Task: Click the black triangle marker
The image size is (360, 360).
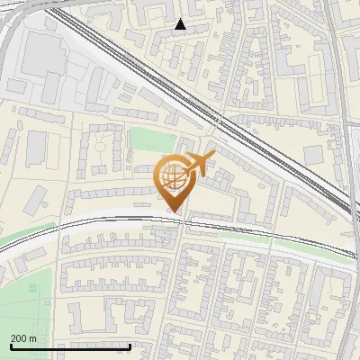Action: pos(181,24)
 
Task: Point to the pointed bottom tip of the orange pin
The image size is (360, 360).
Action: pos(174,212)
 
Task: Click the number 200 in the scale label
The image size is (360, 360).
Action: pos(19,337)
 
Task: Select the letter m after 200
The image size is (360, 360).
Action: pos(33,337)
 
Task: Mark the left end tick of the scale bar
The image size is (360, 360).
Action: pos(11,346)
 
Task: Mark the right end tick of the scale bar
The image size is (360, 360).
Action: pos(130,346)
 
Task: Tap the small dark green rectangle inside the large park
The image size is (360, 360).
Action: pos(33,289)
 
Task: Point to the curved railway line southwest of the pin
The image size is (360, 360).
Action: pos(54,230)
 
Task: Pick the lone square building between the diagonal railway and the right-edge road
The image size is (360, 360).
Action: pos(313,154)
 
